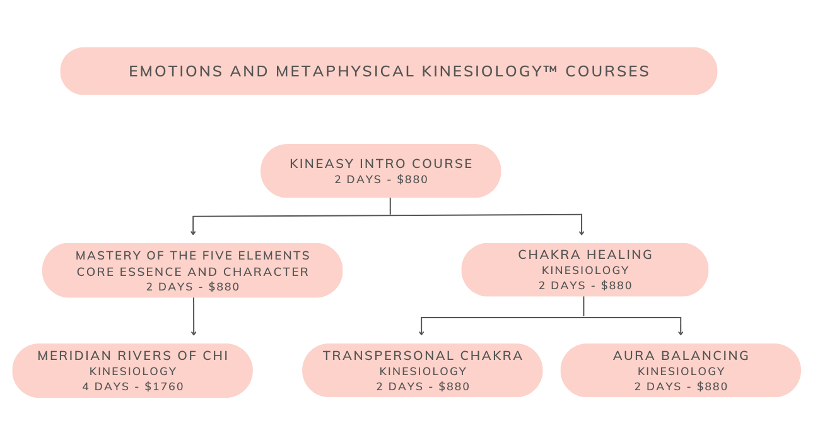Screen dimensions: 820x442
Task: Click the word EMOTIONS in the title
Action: (176, 71)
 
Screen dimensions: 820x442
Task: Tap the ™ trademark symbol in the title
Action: (552, 69)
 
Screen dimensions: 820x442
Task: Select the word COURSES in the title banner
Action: (607, 71)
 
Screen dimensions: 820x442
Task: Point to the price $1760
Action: (164, 386)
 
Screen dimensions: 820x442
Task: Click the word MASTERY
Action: (108, 256)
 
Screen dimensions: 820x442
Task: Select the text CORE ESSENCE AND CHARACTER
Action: (193, 272)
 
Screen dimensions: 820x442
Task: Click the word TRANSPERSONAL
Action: (389, 356)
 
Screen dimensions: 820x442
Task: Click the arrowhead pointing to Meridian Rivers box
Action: (194, 333)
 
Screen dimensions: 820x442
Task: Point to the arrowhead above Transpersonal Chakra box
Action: (421, 333)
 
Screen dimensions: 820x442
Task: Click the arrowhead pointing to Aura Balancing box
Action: (681, 333)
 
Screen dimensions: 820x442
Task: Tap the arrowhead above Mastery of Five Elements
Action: (193, 232)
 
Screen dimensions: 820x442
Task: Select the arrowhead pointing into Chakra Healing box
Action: (582, 232)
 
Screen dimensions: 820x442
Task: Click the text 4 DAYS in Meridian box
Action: (106, 386)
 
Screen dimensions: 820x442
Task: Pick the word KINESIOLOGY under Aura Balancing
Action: (681, 371)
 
